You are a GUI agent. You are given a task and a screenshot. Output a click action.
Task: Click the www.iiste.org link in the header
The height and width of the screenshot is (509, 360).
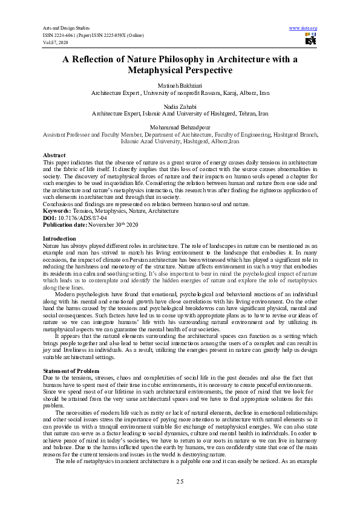304,28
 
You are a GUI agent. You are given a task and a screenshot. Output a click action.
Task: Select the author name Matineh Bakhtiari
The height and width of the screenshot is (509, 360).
180,87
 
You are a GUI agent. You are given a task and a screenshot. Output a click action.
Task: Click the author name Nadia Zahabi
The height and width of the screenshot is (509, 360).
180,106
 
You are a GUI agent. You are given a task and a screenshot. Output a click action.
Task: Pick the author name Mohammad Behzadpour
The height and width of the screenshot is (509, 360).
180,125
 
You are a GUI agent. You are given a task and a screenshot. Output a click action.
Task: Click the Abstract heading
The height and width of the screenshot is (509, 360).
54,155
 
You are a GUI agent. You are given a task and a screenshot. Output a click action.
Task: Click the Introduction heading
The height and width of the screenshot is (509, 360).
60,239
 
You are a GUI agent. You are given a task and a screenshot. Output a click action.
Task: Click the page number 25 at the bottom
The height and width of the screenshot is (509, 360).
180,481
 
